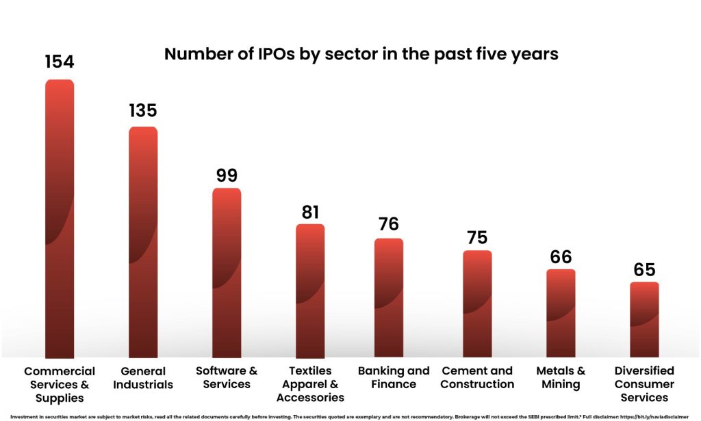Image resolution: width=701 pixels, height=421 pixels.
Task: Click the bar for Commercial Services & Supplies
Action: (x=59, y=219)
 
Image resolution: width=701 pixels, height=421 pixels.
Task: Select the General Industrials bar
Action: (x=143, y=242)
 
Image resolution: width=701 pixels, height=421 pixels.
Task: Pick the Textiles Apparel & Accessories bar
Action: (x=310, y=290)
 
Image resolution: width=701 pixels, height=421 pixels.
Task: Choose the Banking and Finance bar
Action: (x=389, y=297)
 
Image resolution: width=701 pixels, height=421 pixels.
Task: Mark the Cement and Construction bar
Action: (x=477, y=303)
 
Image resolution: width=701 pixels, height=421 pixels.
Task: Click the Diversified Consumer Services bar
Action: (x=644, y=319)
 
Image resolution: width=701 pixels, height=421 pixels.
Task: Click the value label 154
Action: (x=59, y=62)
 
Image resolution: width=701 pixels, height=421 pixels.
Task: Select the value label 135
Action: (x=143, y=110)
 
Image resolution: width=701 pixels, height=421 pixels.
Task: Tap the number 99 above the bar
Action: (x=227, y=175)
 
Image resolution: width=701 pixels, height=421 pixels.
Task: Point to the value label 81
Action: (x=310, y=212)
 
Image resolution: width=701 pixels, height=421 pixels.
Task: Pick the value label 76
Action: (x=389, y=224)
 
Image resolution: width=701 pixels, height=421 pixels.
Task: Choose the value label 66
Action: (x=561, y=257)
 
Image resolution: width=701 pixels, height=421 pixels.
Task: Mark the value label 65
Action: (x=644, y=269)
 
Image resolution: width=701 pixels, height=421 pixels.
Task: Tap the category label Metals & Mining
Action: (x=561, y=377)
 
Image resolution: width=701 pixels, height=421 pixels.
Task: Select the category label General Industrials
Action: (x=143, y=377)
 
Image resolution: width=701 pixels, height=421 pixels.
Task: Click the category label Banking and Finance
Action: (x=394, y=377)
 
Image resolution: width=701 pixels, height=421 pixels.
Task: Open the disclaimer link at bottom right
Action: (x=658, y=416)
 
